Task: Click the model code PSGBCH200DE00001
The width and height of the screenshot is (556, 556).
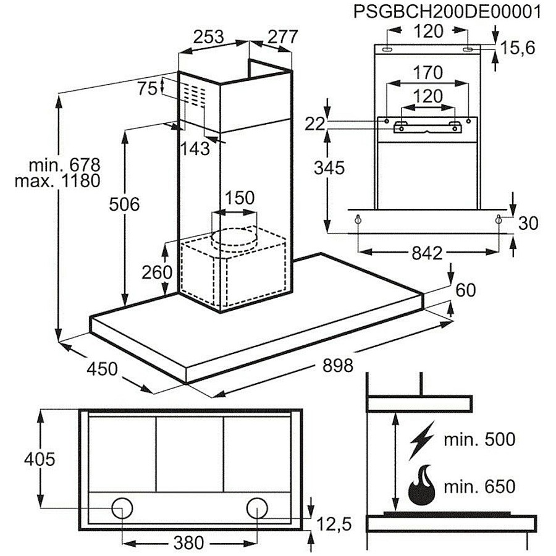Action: pos(447,12)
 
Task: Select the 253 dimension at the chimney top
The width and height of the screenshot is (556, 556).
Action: pos(209,37)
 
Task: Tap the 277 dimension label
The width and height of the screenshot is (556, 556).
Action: pos(282,37)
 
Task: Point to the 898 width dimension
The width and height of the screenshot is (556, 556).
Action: pos(337,365)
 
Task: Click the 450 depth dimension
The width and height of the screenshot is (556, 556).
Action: pos(102,369)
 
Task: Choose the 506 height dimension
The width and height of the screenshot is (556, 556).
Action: pos(124,204)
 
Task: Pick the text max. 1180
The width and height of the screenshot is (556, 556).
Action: pos(57,181)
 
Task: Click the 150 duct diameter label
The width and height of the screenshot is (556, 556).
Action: pos(239,198)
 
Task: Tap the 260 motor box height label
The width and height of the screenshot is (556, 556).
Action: pos(157,272)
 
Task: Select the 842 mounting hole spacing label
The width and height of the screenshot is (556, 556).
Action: pos(427,253)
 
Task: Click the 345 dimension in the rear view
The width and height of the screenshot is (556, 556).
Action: pos(329,167)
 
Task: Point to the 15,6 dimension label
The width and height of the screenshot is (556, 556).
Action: pos(517,48)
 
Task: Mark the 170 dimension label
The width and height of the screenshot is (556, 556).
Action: pos(428,73)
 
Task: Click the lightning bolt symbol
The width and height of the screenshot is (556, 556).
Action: pos(421,440)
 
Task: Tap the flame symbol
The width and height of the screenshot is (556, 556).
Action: pos(422,486)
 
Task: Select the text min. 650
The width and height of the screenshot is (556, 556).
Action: pos(479,486)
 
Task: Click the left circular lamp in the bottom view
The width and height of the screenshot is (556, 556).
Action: pos(122,508)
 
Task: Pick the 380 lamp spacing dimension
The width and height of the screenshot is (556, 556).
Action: pos(188,542)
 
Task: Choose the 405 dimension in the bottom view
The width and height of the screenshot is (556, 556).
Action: pos(40,459)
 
